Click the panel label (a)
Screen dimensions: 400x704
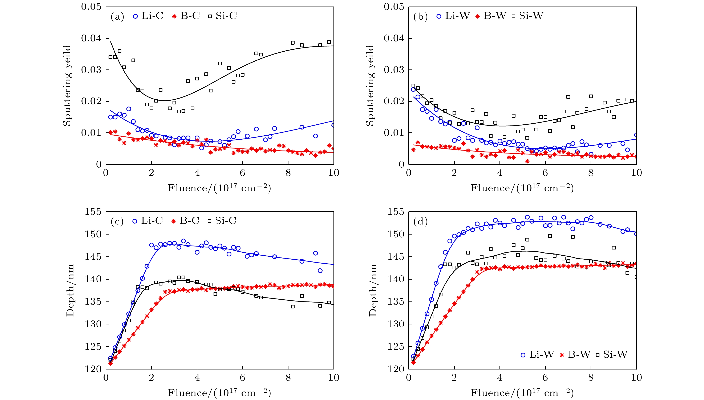[117, 17]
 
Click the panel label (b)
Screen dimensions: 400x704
[420, 17]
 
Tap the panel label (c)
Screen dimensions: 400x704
[117, 221]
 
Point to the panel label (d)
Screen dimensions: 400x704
[420, 221]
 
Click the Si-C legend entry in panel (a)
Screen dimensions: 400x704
[222, 16]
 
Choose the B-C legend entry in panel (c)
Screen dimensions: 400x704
[185, 221]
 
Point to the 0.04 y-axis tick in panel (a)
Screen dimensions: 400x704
[91, 38]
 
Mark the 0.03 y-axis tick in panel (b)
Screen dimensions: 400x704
[394, 70]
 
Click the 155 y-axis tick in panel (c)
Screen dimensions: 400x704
[93, 212]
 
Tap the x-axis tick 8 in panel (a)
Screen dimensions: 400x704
[288, 173]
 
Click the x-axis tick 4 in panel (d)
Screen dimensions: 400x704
[500, 377]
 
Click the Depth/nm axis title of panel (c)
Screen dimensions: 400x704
[70, 290]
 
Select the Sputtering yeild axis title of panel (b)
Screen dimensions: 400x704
[370, 85]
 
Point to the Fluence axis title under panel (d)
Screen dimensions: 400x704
[522, 393]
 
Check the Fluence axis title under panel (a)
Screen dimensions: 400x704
[219, 188]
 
